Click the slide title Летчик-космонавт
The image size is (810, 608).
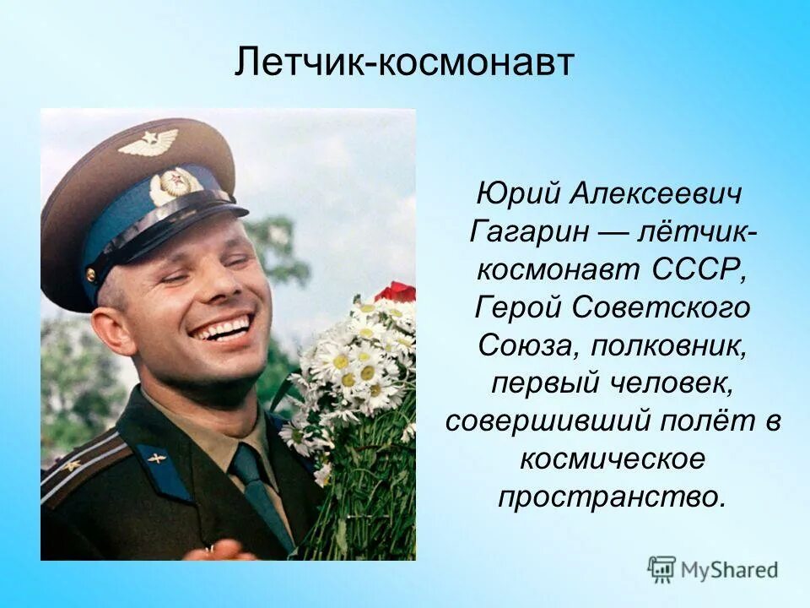pyautogui.click(x=404, y=63)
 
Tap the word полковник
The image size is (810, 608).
pyautogui.click(x=669, y=345)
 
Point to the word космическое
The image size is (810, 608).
pyautogui.click(x=613, y=459)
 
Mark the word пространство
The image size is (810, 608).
pyautogui.click(x=612, y=497)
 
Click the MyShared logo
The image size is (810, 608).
pyautogui.click(x=713, y=569)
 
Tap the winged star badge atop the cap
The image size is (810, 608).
pyautogui.click(x=148, y=142)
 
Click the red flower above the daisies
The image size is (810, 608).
pyautogui.click(x=397, y=292)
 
